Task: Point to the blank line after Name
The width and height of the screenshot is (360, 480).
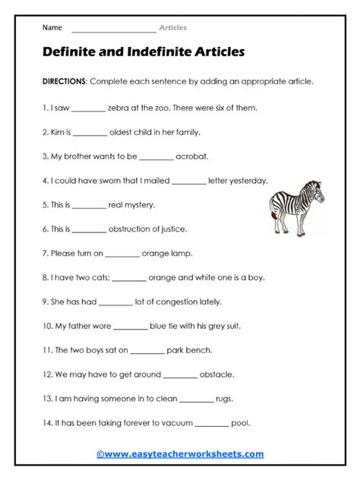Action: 113,28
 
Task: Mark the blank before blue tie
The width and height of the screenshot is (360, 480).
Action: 130,326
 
